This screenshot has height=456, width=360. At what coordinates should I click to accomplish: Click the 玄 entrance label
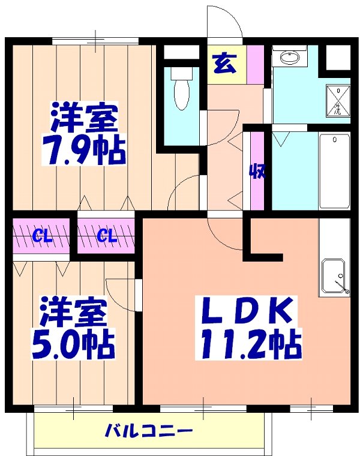[223, 63]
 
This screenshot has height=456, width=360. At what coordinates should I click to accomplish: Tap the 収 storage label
[257, 172]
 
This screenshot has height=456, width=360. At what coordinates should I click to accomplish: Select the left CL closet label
[41, 236]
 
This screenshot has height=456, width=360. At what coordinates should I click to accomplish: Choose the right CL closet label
[106, 236]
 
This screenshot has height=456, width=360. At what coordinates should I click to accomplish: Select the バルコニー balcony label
[149, 431]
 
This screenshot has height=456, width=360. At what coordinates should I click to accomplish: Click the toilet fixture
[179, 89]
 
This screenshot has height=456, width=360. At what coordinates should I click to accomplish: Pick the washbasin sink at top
[290, 58]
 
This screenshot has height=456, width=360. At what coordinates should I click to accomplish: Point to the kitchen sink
[334, 276]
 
